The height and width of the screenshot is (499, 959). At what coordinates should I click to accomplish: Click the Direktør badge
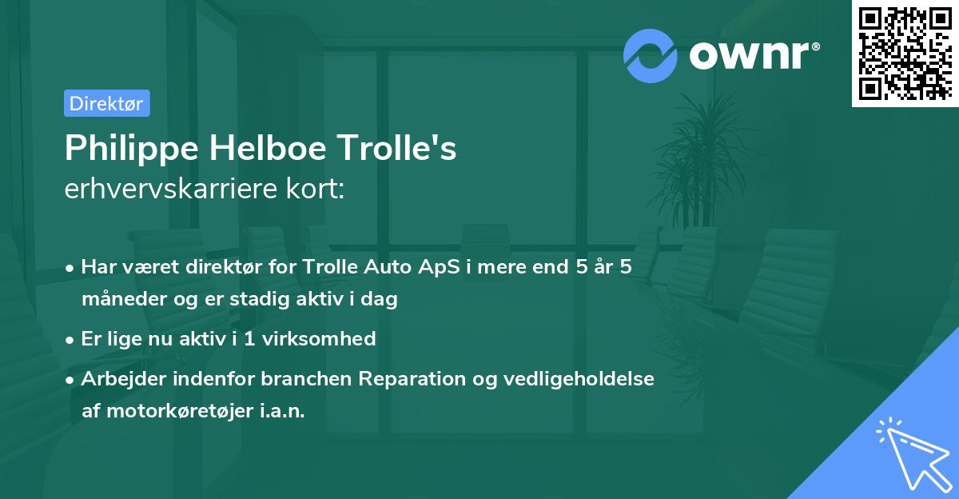(x=106, y=103)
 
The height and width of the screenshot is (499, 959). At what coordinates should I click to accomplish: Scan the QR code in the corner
(x=905, y=54)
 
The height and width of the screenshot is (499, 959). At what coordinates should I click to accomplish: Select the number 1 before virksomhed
(x=250, y=339)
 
